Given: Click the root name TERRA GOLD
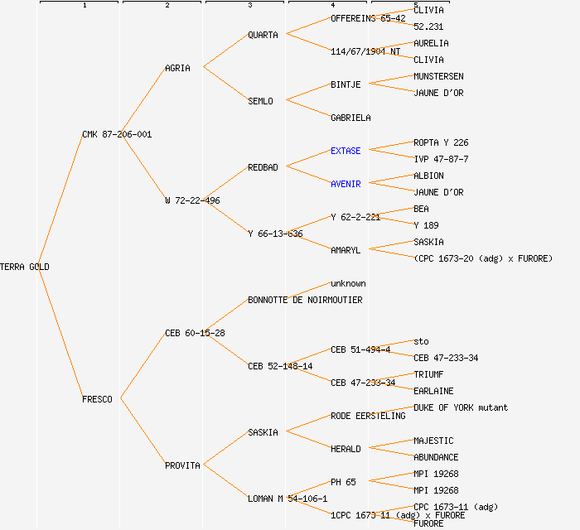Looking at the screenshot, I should click(25, 267).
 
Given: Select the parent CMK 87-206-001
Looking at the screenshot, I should click(117, 134).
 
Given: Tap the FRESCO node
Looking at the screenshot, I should click(97, 399).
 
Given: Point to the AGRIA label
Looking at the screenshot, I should click(177, 68).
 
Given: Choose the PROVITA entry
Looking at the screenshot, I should click(182, 465).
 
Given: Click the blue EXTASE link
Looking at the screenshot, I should click(346, 151).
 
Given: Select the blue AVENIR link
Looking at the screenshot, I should click(346, 184).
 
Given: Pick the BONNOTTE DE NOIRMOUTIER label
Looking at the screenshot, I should click(305, 300).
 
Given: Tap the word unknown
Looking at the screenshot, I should click(348, 283).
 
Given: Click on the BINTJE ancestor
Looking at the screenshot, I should click(346, 84).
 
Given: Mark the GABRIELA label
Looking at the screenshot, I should click(350, 118).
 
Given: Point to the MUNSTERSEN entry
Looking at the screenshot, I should click(438, 76).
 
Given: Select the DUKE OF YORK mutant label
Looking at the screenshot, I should click(461, 407).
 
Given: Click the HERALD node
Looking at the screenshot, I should click(346, 449).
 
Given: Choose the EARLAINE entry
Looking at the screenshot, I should click(433, 391).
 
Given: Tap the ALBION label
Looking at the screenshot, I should click(428, 176).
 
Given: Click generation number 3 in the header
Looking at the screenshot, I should click(249, 6).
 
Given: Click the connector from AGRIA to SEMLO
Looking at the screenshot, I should click(225, 84).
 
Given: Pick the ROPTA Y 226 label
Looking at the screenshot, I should click(441, 142).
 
